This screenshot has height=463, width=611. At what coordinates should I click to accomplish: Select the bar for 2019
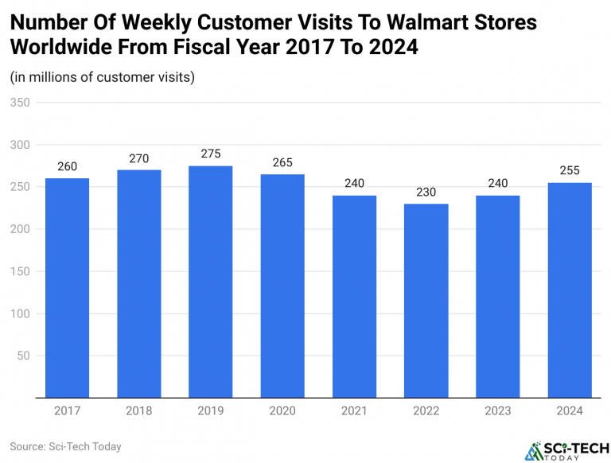211,282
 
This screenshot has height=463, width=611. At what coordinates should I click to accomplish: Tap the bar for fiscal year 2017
67,288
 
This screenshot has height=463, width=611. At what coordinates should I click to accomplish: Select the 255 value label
570,171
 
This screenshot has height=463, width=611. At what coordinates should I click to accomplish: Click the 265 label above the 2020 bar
282,163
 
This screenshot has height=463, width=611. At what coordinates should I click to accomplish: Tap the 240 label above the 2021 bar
355,184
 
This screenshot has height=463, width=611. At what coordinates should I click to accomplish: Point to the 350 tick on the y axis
20,103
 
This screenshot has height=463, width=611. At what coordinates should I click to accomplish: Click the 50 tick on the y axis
23,356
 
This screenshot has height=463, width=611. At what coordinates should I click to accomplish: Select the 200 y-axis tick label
20,229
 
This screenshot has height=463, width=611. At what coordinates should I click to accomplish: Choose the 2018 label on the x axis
139,411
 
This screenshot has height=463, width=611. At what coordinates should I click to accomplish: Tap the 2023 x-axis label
498,411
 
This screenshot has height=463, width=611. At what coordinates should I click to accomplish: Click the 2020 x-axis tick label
282,411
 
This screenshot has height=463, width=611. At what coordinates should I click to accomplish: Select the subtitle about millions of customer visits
103,77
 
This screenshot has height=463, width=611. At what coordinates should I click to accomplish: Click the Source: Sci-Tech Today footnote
66,446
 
